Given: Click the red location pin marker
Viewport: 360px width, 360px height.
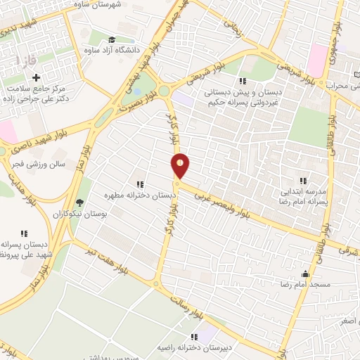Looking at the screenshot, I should coord(181,165).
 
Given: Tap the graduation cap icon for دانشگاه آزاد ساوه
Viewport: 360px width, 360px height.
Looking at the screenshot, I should coord(112,39).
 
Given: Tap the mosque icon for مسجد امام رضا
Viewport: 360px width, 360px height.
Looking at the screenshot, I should coord(304,274).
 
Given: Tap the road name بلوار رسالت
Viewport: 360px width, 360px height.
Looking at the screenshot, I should coord(193,313).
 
